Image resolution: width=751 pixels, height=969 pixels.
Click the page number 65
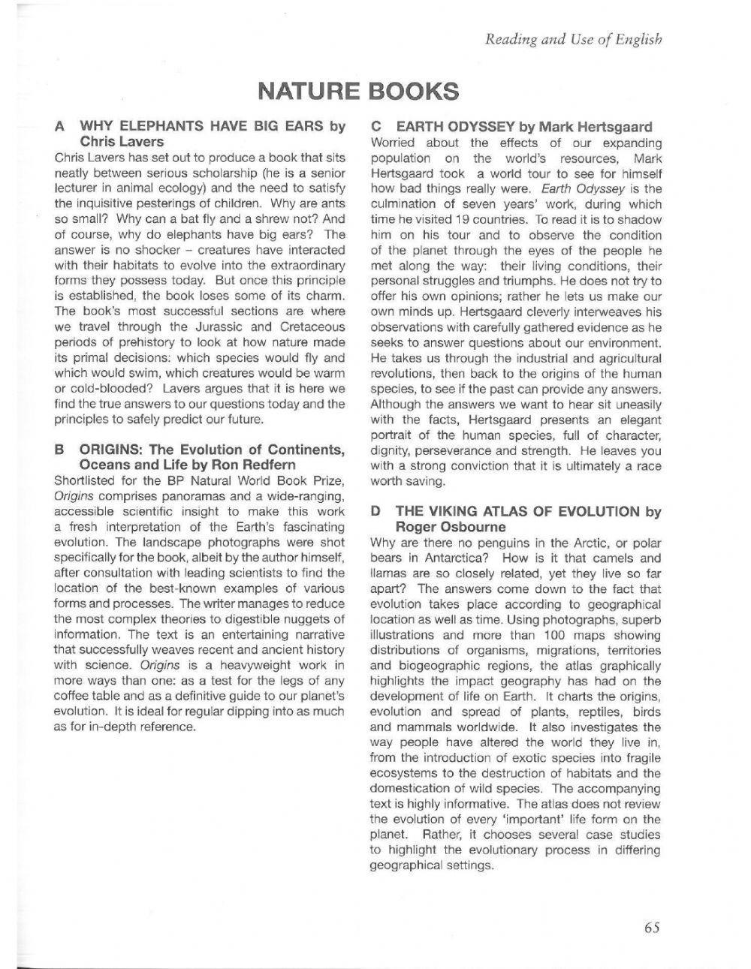[651, 927]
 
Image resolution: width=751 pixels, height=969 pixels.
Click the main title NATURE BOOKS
[358, 91]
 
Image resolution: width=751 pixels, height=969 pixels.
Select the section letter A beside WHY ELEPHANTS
[60, 126]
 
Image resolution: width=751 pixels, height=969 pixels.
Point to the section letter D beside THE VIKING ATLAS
[376, 511]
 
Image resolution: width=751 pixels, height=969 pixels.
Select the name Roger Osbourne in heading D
[451, 526]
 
